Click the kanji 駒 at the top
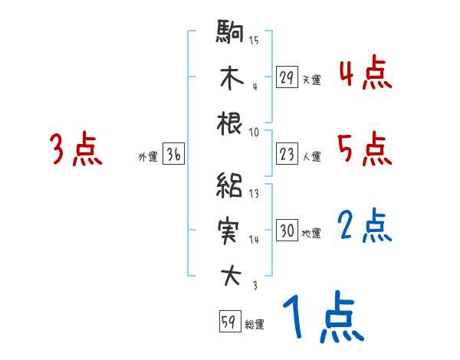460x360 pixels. tap(230, 34)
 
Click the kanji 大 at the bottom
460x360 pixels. tap(230, 277)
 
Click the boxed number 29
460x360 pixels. tap(287, 77)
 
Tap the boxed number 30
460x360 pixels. tap(287, 231)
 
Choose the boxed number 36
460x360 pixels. tap(173, 155)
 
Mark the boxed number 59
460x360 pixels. tap(228, 322)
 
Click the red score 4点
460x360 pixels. tap(364, 74)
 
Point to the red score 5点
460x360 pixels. tap(364, 149)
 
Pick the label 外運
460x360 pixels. tap(147, 156)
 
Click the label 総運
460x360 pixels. tap(255, 325)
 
